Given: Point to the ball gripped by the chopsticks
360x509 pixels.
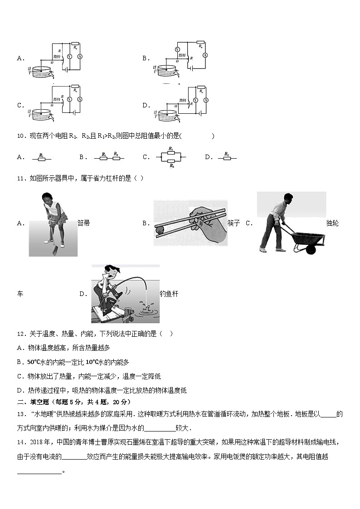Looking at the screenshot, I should [x=159, y=230].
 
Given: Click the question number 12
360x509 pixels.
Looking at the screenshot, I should [x=20, y=334].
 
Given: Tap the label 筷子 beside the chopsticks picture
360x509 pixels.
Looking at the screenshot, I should [x=234, y=223].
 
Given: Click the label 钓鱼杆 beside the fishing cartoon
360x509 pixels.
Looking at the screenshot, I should [x=169, y=294].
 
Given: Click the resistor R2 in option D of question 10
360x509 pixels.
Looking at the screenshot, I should [x=227, y=158].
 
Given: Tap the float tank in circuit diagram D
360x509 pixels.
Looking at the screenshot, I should [x=168, y=114].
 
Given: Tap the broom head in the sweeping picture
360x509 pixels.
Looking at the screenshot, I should [x=53, y=248].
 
